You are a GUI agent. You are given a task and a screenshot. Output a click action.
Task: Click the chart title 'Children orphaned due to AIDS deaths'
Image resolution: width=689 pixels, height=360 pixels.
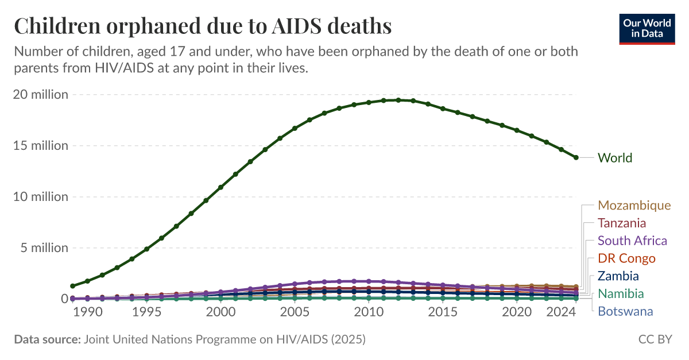click(x=203, y=26)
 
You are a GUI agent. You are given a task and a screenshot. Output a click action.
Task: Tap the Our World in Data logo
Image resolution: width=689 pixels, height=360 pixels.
click(x=647, y=28)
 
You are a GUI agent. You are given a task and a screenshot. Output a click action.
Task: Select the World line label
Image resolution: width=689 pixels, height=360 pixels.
click(x=614, y=158)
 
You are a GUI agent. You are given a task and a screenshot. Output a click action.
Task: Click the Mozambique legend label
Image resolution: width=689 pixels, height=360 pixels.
click(x=634, y=206)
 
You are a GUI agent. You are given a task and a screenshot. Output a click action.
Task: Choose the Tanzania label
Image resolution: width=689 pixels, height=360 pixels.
click(x=621, y=223)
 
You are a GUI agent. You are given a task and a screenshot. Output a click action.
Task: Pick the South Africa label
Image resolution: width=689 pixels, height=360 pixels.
click(x=632, y=241)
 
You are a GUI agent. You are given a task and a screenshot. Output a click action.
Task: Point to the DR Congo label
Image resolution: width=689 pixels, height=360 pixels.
click(x=626, y=258)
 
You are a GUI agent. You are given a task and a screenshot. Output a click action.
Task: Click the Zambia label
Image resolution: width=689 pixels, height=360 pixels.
click(x=618, y=276)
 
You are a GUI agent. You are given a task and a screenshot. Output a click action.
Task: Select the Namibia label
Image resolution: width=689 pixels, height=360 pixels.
click(x=620, y=294)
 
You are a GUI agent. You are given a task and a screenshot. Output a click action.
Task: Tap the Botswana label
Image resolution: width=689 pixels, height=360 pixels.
click(x=625, y=312)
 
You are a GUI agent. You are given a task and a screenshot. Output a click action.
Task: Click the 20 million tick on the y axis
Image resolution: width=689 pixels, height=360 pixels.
click(x=41, y=95)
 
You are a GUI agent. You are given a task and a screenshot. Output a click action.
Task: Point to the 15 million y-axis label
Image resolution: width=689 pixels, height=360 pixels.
click(x=41, y=146)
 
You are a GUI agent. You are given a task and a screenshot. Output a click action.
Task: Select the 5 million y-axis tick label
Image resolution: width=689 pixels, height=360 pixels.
click(x=44, y=248)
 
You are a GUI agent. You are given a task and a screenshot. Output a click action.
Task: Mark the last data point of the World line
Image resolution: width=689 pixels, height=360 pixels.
click(x=576, y=157)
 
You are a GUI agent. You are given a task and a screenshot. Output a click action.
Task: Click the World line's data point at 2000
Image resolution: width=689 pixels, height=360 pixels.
click(x=220, y=187)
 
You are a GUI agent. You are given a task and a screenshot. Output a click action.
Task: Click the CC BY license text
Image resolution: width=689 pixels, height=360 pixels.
click(x=655, y=340)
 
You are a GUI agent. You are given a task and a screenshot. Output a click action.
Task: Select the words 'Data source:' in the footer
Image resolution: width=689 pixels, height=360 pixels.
click(x=47, y=340)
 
